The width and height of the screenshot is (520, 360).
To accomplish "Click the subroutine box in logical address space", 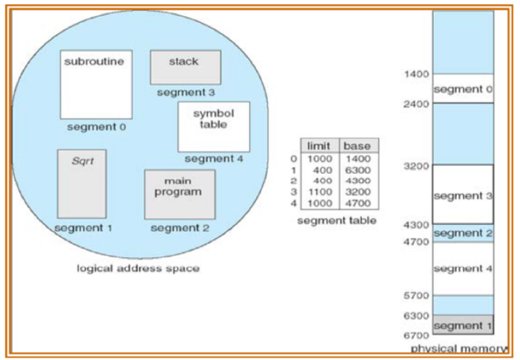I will click(x=96, y=84).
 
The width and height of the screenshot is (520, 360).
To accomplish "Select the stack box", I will click(x=185, y=67).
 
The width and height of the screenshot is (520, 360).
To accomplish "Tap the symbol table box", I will click(x=213, y=126).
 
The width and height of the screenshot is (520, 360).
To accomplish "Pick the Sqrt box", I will click(x=81, y=184).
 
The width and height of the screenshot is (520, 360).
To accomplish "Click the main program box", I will click(x=179, y=194).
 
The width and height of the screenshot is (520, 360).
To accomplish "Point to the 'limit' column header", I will click(x=318, y=146).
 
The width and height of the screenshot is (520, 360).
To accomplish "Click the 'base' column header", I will click(x=357, y=146).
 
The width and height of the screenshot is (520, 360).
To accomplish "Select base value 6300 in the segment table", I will click(x=357, y=170).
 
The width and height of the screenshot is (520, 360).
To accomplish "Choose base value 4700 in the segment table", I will click(x=357, y=203).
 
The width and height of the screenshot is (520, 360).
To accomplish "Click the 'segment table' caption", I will click(x=336, y=220).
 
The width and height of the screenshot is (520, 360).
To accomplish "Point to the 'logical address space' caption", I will click(x=137, y=268).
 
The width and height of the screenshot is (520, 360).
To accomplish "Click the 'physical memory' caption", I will click(x=459, y=350).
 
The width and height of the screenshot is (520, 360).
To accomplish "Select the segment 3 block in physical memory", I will click(x=463, y=195).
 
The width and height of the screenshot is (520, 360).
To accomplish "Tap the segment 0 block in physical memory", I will click(x=463, y=89).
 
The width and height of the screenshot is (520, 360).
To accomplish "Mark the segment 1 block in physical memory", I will click(x=463, y=326).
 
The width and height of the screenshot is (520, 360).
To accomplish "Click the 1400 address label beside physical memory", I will click(x=416, y=74).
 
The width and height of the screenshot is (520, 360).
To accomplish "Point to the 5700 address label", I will click(x=416, y=295).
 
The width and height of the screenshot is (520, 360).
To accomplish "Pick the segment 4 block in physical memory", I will click(x=463, y=268).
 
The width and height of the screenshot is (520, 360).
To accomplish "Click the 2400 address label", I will click(x=416, y=104).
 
